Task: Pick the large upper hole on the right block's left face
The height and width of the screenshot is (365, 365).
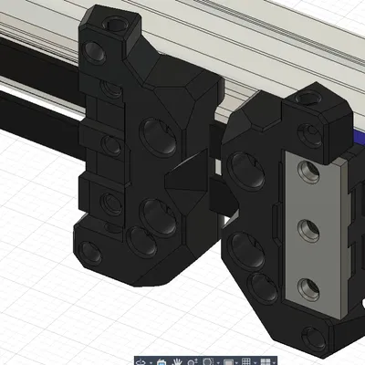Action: click(x=243, y=170)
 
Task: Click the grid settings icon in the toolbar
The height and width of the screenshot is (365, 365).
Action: click(x=245, y=361)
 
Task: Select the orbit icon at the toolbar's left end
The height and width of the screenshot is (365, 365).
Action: click(x=142, y=361)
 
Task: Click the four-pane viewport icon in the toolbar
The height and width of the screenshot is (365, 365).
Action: click(x=265, y=361)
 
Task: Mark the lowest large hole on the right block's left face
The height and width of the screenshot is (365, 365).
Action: click(x=265, y=287)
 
